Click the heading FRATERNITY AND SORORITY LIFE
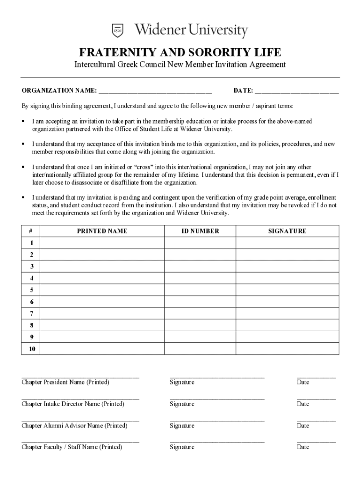tap(180, 52)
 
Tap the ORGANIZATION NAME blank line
tap(155, 91)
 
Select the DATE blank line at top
tap(296, 91)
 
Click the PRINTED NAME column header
tap(102, 231)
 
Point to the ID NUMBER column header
tap(200, 231)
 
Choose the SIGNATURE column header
tap(287, 231)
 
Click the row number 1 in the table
tap(31, 243)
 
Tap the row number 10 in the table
tap(31, 349)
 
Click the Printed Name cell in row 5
tap(102, 290)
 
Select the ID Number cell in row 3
tap(200, 267)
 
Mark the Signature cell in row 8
tap(287, 325)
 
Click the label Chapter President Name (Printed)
tap(65, 382)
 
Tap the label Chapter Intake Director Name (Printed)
tap(73, 404)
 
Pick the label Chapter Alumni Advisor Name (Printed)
tap(74, 426)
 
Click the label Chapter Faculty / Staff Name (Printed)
tap(72, 447)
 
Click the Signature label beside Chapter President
tap(182, 382)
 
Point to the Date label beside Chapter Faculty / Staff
tap(303, 447)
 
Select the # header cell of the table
tap(31, 231)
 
